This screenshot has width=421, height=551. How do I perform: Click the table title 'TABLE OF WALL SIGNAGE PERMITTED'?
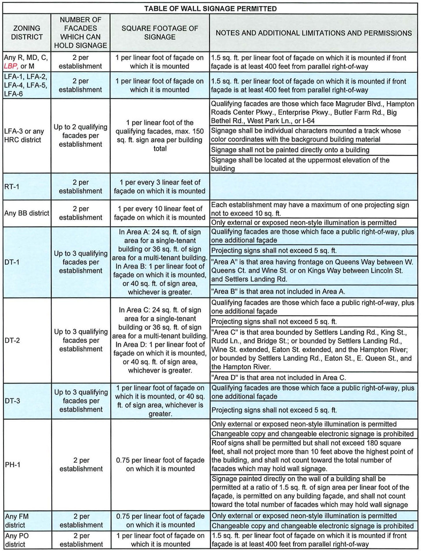pos(210,9)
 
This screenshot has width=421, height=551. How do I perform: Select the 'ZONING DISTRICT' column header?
pos(27,33)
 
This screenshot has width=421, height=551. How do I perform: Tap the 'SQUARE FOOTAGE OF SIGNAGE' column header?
pos(160,33)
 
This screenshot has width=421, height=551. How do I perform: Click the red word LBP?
pos(11,66)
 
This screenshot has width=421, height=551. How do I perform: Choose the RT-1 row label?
pos(12,187)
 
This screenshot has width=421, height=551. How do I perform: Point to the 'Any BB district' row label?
pos(27,213)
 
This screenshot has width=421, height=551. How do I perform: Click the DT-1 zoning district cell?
pos(12,262)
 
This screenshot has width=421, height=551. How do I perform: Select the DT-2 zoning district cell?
pos(12,340)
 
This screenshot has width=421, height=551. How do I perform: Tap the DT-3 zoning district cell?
pos(12,401)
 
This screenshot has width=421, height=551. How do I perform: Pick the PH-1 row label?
pos(12,465)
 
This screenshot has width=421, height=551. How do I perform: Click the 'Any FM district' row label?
pos(17,521)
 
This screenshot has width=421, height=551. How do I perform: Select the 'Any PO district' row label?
pos(17,540)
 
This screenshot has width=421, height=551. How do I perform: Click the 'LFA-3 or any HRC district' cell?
pos(24,136)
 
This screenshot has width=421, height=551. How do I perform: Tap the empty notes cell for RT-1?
pos(313,187)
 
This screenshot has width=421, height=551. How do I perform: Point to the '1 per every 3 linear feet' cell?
pos(160,187)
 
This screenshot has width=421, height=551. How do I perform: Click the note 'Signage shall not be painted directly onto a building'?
pos(290,150)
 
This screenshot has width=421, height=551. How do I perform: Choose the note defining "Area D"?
pos(278,378)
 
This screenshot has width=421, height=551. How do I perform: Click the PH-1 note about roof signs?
pos(312,456)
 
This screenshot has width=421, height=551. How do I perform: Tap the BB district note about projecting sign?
pos(310,209)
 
